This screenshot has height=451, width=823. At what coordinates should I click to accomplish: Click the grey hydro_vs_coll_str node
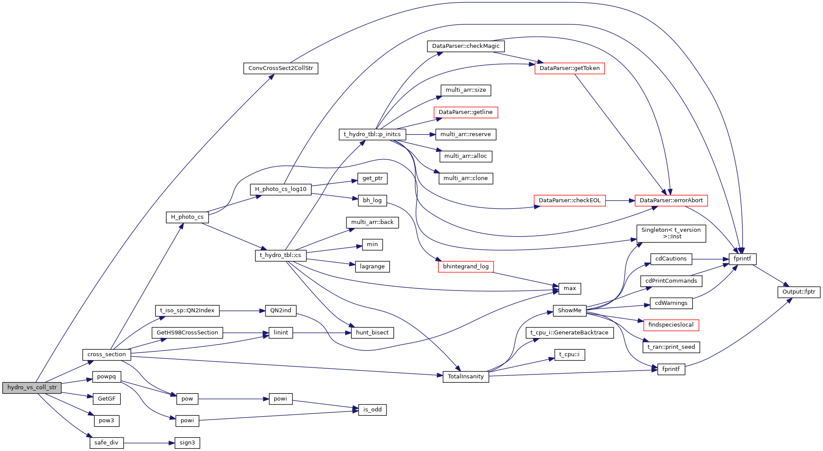pos(32,388)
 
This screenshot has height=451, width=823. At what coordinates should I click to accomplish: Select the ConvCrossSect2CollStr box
pos(281,68)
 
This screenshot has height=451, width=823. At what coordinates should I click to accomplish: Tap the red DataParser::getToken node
pos(569,68)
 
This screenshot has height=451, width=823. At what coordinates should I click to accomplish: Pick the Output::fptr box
pos(799,292)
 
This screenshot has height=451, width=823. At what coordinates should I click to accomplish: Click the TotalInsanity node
pos(466,377)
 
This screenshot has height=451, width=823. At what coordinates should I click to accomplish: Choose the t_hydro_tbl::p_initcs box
pos(372,134)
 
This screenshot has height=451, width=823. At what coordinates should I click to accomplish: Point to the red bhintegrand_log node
pos(466,267)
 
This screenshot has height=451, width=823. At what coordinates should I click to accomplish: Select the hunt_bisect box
pos(372,333)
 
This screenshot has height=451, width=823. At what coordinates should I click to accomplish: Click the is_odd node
pos(372,410)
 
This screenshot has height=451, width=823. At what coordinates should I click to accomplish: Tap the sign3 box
pos(187,443)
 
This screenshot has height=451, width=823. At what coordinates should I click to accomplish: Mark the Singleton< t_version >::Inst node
pos(671,234)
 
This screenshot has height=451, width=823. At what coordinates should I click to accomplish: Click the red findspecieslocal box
pos(671,325)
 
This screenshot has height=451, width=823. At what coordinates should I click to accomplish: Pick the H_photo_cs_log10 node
pos(281,189)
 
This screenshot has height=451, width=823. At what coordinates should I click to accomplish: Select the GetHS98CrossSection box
pos(187,333)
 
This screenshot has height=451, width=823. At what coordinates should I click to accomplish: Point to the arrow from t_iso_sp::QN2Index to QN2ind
pos(242,311)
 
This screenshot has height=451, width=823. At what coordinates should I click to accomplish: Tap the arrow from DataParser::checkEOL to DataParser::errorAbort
pos(620,200)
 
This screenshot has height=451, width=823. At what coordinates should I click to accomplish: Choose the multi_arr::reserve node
pos(466,134)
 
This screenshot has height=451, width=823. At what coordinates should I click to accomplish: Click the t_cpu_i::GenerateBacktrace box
pos(569,333)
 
